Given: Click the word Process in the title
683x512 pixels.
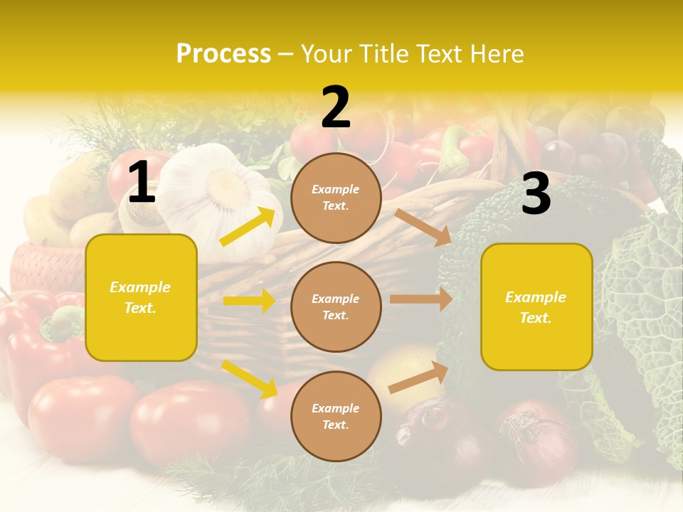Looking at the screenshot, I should [x=223, y=54].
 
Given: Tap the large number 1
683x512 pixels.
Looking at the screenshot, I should [x=142, y=183].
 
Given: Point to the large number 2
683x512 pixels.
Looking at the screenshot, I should [x=336, y=107].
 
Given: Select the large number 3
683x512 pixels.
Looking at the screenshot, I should [x=536, y=194].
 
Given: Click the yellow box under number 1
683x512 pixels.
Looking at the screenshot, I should [x=141, y=297].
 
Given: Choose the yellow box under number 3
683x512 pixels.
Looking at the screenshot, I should [x=536, y=306].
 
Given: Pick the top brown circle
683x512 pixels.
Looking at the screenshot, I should [x=336, y=198].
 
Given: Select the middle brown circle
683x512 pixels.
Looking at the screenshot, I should [x=336, y=306].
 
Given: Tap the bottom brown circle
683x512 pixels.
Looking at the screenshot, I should [x=336, y=416].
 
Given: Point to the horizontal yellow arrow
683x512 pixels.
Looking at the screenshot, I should [x=249, y=301].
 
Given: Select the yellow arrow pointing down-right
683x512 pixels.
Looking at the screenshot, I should [x=250, y=379].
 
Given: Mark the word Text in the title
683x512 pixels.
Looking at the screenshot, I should [x=440, y=54].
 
